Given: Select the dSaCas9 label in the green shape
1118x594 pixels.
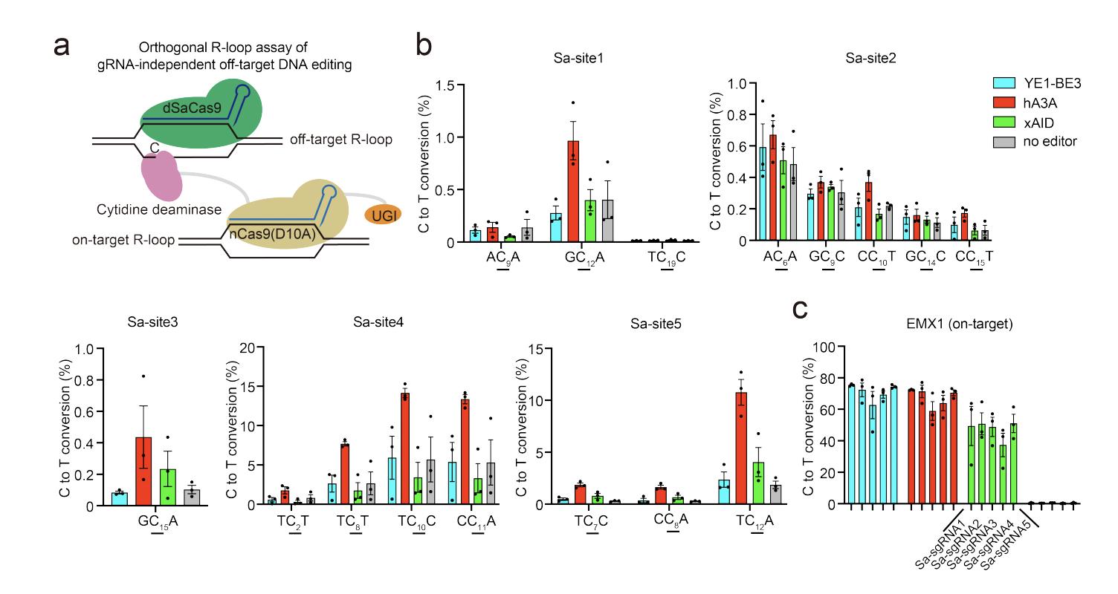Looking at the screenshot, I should [193, 108].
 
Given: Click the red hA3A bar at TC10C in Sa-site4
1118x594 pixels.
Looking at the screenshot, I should [405, 448].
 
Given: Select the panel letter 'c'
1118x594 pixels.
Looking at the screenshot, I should [801, 309].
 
